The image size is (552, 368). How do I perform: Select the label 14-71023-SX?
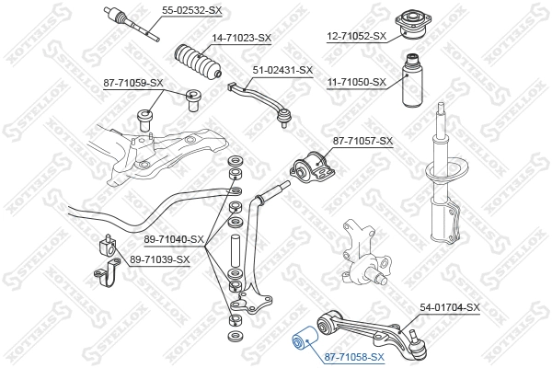(x=242, y=38)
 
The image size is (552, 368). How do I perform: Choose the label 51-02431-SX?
(x=282, y=70)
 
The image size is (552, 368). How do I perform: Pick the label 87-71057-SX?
(x=362, y=141)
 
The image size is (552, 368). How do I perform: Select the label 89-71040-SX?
(x=174, y=238)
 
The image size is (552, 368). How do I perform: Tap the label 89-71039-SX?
(x=159, y=259)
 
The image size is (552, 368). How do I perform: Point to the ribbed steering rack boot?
(x=197, y=61)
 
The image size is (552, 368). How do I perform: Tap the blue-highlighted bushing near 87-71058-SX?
(x=303, y=342)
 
